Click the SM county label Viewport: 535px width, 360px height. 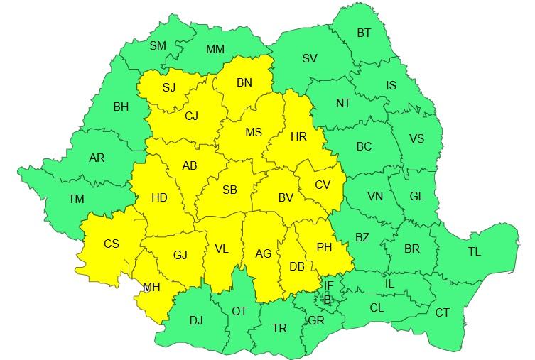[x=158, y=45]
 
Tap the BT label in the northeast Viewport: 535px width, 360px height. [x=364, y=33]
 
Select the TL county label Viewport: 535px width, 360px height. [x=474, y=251]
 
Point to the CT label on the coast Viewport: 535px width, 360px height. [x=442, y=312]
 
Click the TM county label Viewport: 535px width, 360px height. [x=76, y=200]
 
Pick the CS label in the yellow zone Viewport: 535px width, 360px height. [x=112, y=244]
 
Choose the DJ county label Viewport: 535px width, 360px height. [x=196, y=320]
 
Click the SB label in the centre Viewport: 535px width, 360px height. [x=229, y=190]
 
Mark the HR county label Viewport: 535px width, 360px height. [x=298, y=136]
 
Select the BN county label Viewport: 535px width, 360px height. [x=244, y=83]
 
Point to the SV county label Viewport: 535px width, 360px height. [x=310, y=58]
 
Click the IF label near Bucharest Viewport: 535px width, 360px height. [x=328, y=285]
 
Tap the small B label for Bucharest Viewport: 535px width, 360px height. [x=328, y=300]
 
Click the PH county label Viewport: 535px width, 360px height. [x=324, y=247]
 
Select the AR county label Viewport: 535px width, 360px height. [x=97, y=158]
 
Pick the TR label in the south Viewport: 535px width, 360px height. [x=280, y=327]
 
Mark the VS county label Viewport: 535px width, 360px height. [x=417, y=138]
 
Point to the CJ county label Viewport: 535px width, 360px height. [x=192, y=116]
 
